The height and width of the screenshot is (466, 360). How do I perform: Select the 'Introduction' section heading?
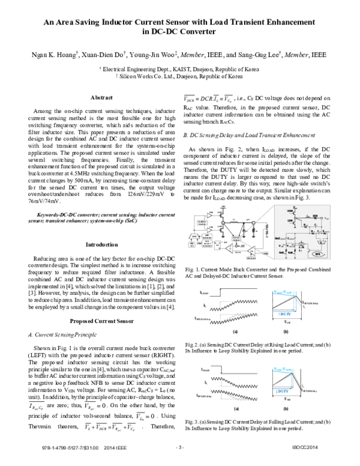[x=101, y=245]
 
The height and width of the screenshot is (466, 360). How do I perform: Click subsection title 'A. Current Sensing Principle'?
[x=63, y=333]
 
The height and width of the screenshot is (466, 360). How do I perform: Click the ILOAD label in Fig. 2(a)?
[x=204, y=291]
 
